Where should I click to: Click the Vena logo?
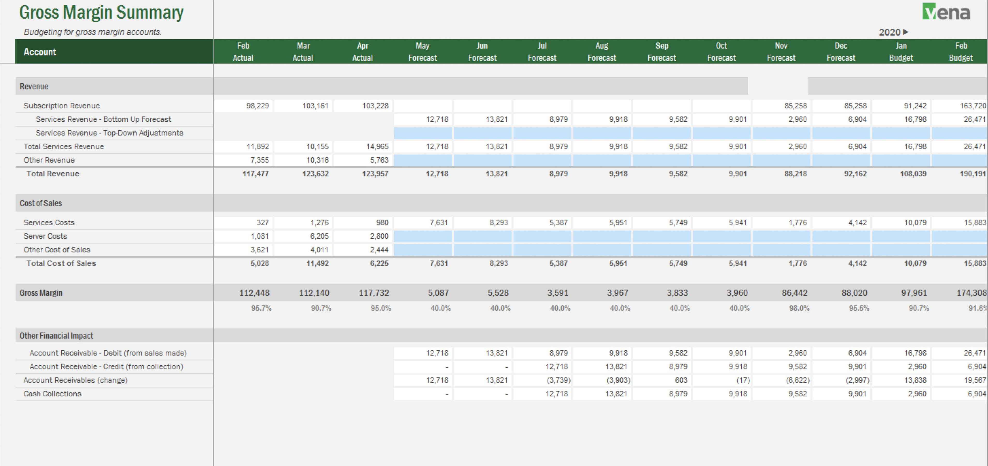pos(946,12)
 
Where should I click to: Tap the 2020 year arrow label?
pos(893,32)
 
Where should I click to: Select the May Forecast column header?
pos(422,51)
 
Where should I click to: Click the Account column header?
pos(40,52)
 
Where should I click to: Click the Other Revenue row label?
pos(49,160)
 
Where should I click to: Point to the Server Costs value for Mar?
pos(319,236)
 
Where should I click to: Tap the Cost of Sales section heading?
pos(41,203)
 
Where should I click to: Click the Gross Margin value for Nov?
pos(794,293)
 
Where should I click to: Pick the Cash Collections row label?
pos(53,394)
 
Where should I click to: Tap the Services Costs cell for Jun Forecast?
pos(499,223)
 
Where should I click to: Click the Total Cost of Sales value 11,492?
pos(317,263)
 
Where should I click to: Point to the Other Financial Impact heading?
pos(56,336)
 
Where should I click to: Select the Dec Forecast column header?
pos(841,51)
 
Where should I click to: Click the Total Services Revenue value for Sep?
pos(678,146)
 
